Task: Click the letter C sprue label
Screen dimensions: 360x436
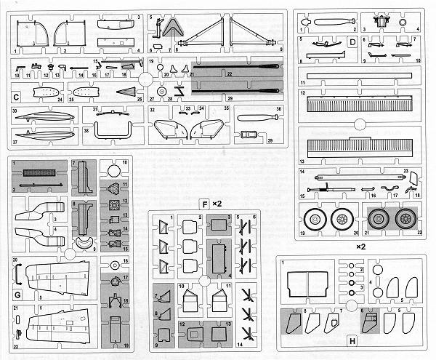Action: (x=15, y=95)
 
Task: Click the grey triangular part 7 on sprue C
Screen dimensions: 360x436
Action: (x=172, y=28)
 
